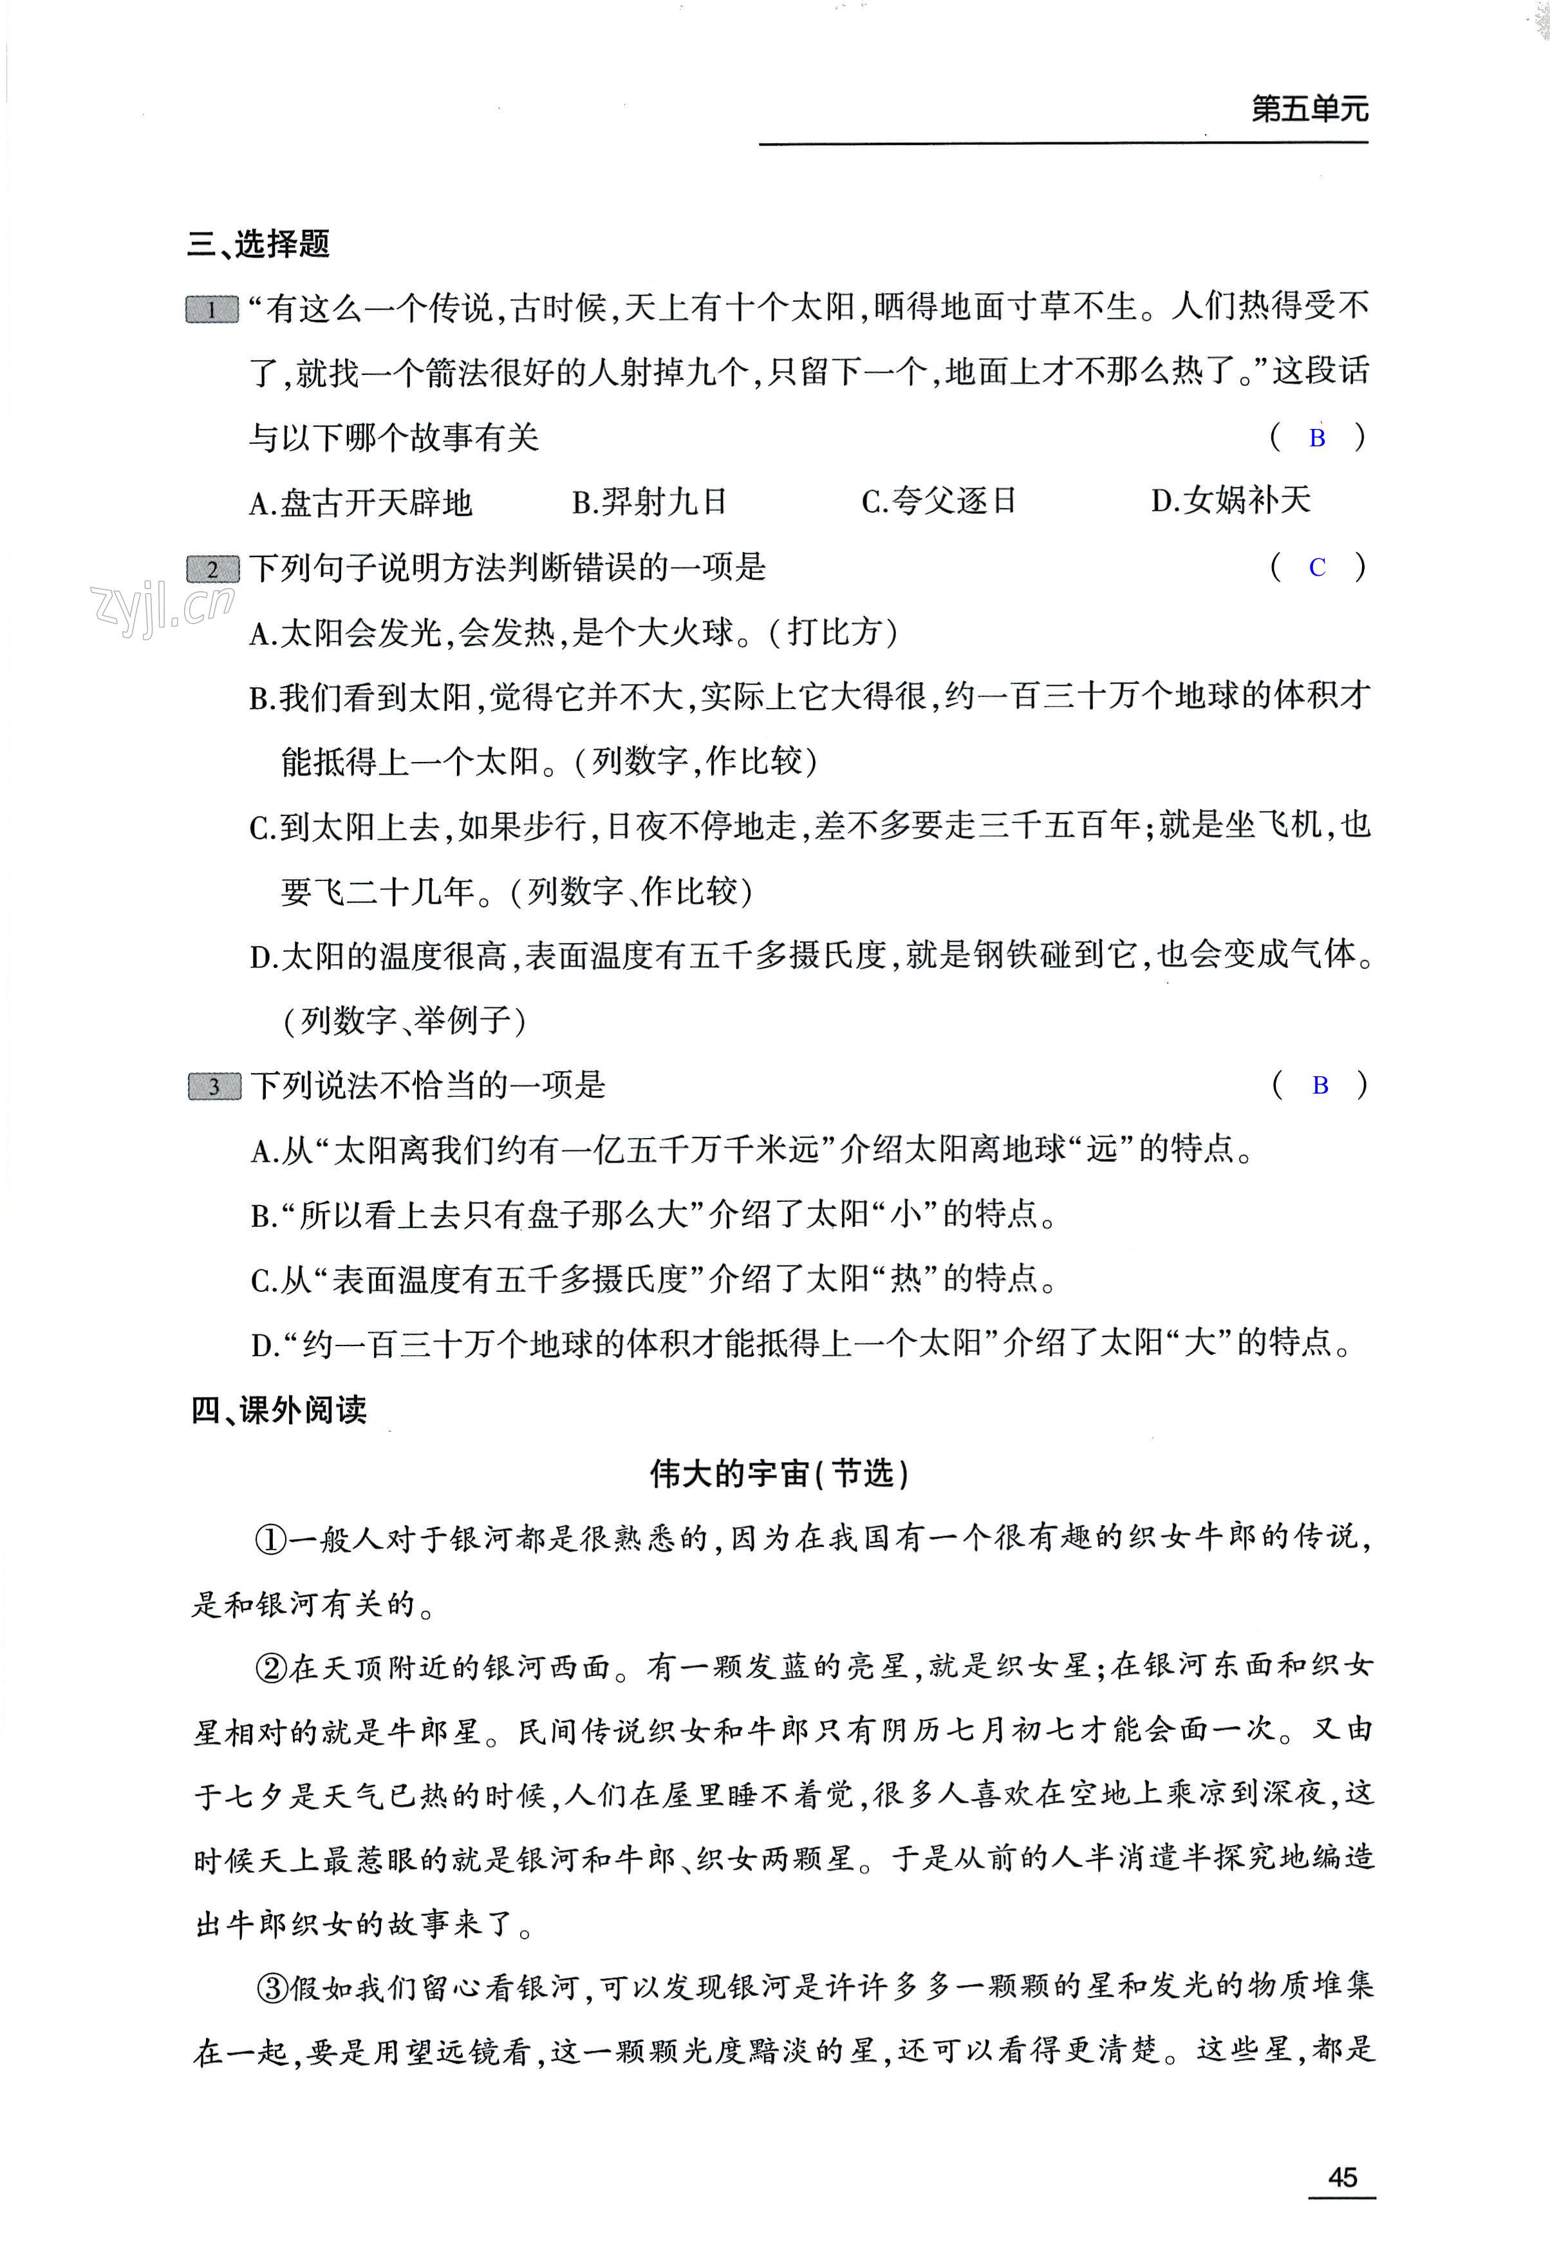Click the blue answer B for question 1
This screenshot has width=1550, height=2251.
coord(1317,438)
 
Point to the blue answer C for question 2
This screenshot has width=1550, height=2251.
coord(1317,568)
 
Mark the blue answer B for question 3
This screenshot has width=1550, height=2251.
coord(1320,1086)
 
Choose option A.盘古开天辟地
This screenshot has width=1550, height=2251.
coord(360,503)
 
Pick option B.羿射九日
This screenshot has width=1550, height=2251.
coord(649,502)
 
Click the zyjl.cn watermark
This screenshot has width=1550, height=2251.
coord(161,610)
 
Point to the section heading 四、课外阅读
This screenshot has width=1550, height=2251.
coord(279,1410)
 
